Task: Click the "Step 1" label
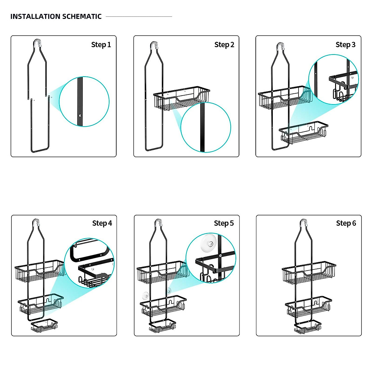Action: [x=101, y=45]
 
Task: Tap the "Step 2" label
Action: [x=224, y=45]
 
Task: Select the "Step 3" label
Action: [x=345, y=45]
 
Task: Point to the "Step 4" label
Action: [x=102, y=223]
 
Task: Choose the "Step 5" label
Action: [x=224, y=223]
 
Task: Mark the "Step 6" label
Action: [x=346, y=223]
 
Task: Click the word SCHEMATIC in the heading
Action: [x=82, y=17]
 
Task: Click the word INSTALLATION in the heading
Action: [x=35, y=17]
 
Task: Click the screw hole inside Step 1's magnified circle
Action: [x=81, y=115]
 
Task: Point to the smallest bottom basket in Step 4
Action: [x=44, y=325]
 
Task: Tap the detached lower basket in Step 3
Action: [x=303, y=133]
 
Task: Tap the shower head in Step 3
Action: [x=280, y=46]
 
